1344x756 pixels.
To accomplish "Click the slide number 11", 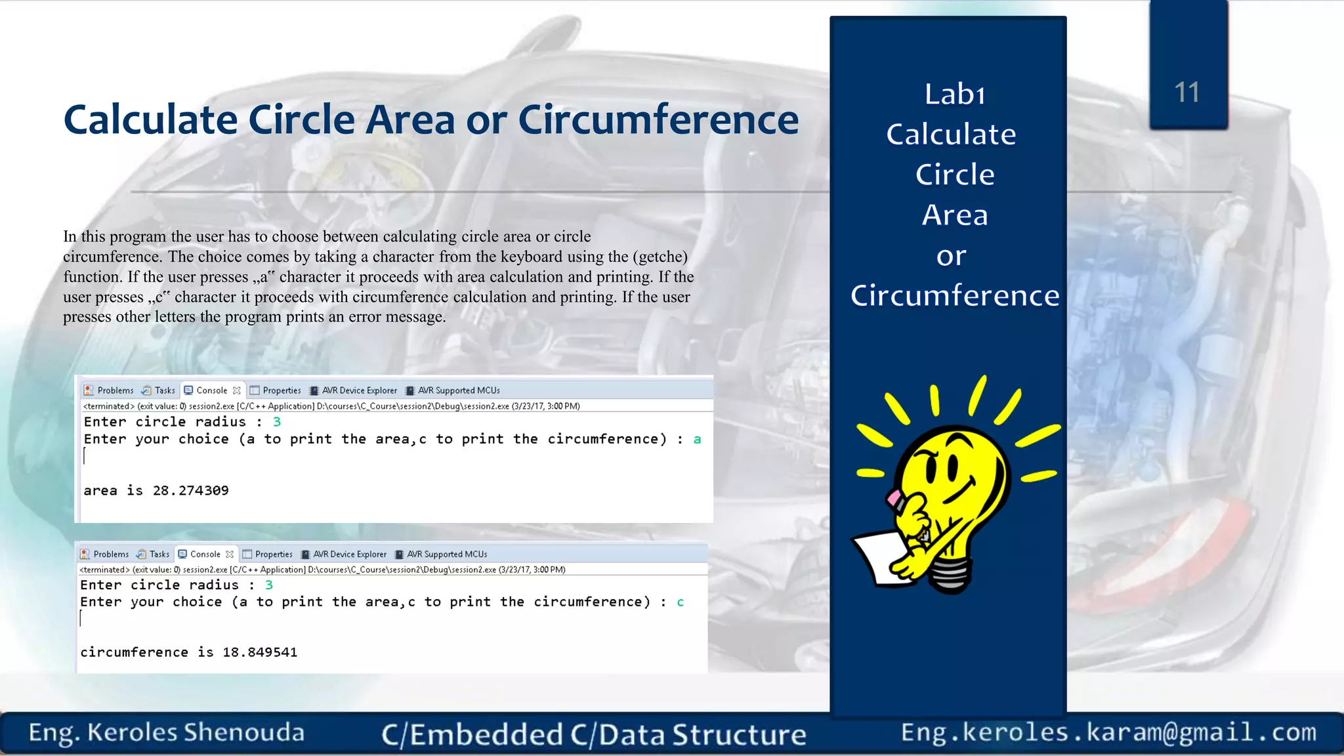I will tap(1186, 93).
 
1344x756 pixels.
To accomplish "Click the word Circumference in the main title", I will tap(658, 120).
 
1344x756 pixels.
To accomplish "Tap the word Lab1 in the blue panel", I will tap(955, 94).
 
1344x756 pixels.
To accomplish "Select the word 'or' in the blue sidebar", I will tap(951, 256).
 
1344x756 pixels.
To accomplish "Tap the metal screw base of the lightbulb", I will tap(950, 574).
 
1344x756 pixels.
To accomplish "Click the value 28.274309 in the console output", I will tap(190, 491).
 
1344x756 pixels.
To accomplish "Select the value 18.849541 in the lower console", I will tap(260, 652).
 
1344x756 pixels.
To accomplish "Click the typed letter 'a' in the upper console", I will tap(697, 439).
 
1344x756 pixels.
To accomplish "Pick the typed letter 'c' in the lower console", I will tap(681, 602).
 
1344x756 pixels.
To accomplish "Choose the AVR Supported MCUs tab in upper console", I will tap(453, 390).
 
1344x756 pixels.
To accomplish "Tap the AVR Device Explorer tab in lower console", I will tap(344, 555).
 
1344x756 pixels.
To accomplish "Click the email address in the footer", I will tap(1108, 732).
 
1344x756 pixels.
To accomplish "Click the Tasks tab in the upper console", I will tap(159, 390).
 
